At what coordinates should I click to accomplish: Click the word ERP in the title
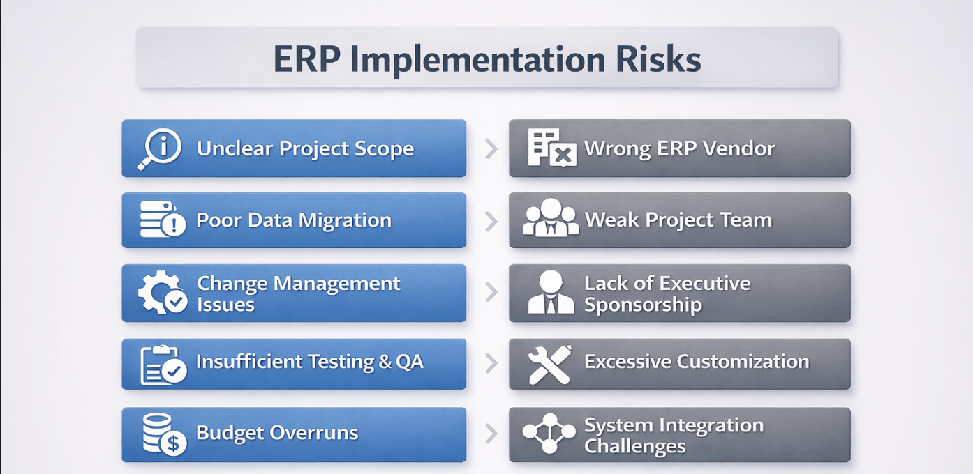click(306, 59)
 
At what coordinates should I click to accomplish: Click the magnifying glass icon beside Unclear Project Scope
click(160, 148)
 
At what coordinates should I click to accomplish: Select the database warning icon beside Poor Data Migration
click(163, 219)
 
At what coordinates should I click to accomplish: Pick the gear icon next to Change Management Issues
click(163, 292)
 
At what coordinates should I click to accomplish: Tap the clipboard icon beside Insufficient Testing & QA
click(163, 365)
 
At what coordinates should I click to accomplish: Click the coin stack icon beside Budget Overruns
click(164, 434)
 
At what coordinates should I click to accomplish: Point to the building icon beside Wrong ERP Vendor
click(552, 148)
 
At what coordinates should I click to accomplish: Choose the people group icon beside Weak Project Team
click(550, 217)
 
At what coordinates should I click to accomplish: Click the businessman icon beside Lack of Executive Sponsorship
click(551, 292)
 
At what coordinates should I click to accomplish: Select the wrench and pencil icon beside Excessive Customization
click(549, 365)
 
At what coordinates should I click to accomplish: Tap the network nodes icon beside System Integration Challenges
click(549, 434)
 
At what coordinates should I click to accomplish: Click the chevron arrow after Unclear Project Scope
click(491, 148)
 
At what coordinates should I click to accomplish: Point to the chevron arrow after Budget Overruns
click(491, 434)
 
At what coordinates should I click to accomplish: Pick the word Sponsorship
click(643, 305)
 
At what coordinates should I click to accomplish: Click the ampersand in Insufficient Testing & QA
click(385, 362)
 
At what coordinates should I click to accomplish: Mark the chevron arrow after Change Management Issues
click(491, 292)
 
